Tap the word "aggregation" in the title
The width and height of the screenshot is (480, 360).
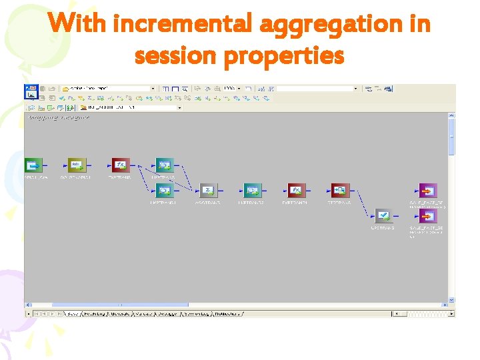point(331,25)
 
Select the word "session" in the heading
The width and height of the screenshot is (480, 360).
point(176,56)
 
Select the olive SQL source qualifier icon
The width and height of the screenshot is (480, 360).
point(77,165)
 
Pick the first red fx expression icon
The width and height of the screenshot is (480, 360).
point(120,165)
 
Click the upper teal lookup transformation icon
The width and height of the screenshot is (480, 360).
point(163,165)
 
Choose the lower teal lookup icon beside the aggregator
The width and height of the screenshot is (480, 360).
point(163,191)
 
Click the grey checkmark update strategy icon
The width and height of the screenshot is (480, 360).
point(383,216)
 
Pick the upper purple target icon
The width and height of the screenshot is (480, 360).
point(427,191)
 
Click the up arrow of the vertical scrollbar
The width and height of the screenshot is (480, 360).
point(451,116)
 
